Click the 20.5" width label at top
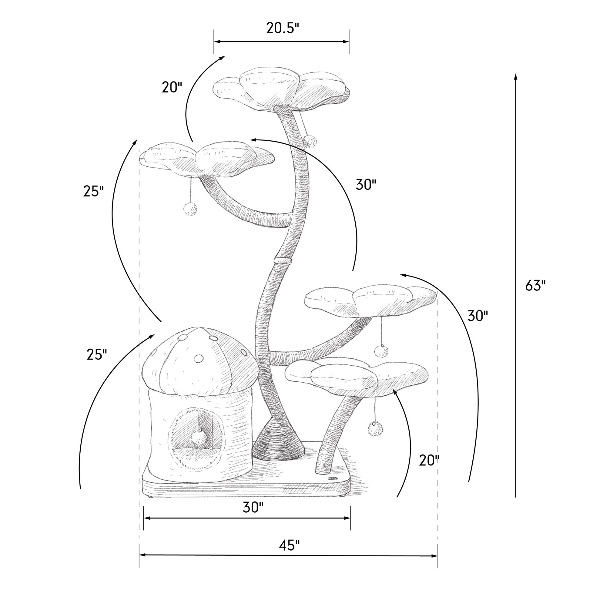[x=282, y=28]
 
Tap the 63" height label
[x=535, y=286]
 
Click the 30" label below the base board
[x=253, y=508]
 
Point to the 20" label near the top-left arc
[x=172, y=87]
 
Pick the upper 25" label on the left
[x=93, y=191]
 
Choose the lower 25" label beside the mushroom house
[x=97, y=354]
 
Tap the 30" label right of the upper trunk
[x=366, y=185]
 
